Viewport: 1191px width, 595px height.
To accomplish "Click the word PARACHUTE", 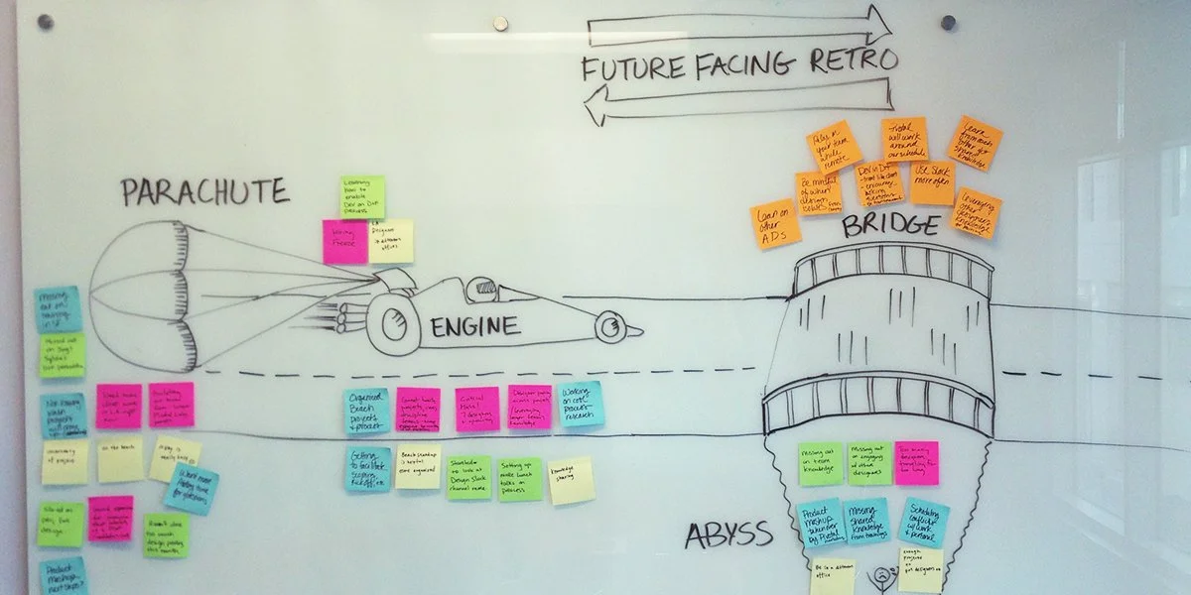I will coord(204,191).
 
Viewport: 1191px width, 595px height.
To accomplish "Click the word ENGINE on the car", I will coord(473,326).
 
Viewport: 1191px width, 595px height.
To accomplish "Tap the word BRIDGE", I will coord(889,227).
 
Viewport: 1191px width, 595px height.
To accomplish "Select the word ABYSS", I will coord(728,536).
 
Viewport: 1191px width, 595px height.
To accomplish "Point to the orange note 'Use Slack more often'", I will coord(932,182).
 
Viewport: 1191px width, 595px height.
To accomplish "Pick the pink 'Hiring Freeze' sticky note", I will coord(344,242).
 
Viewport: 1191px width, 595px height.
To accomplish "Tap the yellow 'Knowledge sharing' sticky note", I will coord(572,480).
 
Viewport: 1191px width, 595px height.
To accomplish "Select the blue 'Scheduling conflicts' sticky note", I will coord(923,522).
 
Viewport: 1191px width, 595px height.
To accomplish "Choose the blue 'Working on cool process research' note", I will coord(581,405).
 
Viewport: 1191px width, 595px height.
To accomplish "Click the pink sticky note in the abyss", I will coord(915,463).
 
